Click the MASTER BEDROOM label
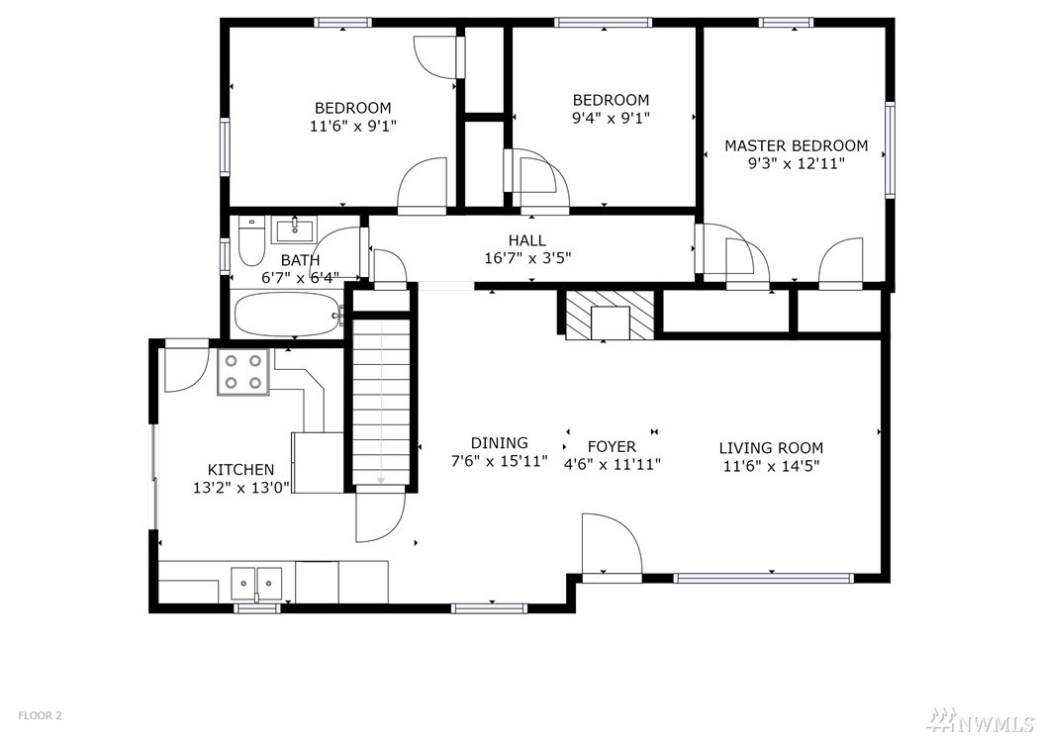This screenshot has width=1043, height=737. pyautogui.click(x=796, y=145)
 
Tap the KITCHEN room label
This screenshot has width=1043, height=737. pyautogui.click(x=240, y=470)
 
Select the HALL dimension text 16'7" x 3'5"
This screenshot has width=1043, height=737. pyautogui.click(x=527, y=257)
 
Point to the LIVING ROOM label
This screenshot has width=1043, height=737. pyautogui.click(x=771, y=448)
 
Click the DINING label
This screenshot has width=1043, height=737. pyautogui.click(x=499, y=443)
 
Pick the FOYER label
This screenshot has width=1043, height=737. pyautogui.click(x=612, y=446)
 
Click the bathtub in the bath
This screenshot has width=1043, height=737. pyautogui.click(x=287, y=315)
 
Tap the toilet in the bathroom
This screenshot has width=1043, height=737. pyautogui.click(x=250, y=242)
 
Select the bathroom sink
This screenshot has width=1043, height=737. pyautogui.click(x=294, y=230)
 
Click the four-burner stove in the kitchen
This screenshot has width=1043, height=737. pyautogui.click(x=242, y=372)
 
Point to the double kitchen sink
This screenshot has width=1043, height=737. pyautogui.click(x=256, y=584)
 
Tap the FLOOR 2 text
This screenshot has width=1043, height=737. pyautogui.click(x=40, y=715)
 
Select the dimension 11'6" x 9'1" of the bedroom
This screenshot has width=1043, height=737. pyautogui.click(x=352, y=126)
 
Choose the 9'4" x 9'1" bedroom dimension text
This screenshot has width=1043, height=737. pyautogui.click(x=611, y=118)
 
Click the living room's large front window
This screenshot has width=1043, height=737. pyautogui.click(x=763, y=578)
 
